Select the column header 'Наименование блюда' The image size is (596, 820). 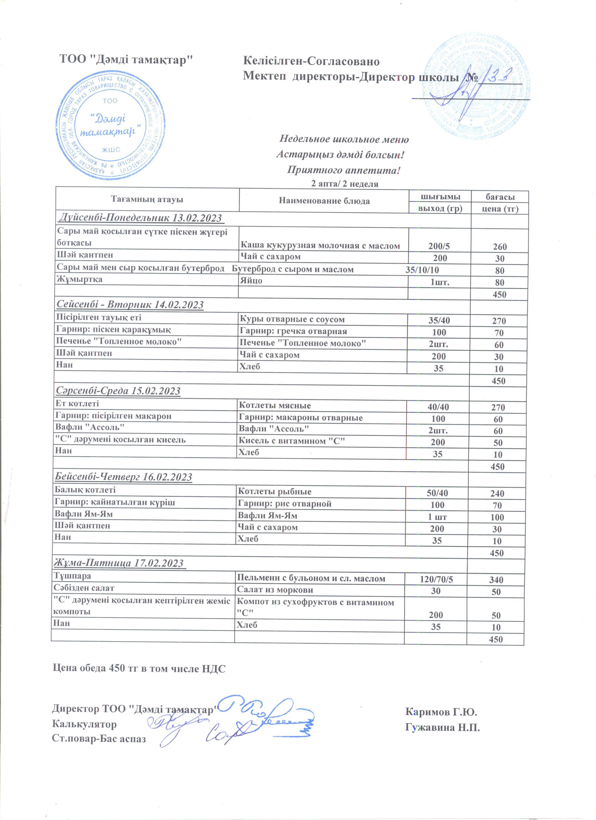pos(324,201)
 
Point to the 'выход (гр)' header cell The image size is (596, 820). pos(440,209)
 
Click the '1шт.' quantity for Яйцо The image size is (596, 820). pos(439,282)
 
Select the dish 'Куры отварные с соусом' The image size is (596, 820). pos(292,319)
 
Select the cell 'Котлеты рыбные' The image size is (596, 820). pos(274,491)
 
